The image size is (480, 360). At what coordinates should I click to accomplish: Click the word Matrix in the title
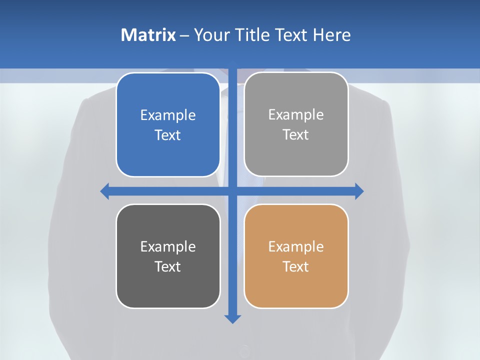tap(148, 35)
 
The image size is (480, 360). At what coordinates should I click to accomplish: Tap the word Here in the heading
tap(332, 35)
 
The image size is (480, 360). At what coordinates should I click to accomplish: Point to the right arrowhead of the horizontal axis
tap(359, 191)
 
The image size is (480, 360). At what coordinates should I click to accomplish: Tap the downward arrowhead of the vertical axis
tap(232, 318)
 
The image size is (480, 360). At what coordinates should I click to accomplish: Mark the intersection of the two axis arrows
tap(232, 191)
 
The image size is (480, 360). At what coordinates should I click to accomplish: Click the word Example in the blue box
tap(168, 115)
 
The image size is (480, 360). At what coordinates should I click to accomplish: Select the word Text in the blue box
tap(168, 135)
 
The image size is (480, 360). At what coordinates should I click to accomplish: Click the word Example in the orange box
tap(296, 246)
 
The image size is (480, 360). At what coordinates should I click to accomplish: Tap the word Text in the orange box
tap(296, 266)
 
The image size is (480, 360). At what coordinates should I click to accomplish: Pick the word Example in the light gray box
tap(296, 115)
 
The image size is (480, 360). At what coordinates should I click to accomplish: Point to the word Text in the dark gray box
tap(168, 266)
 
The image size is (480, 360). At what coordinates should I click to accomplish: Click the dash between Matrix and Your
tap(184, 35)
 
